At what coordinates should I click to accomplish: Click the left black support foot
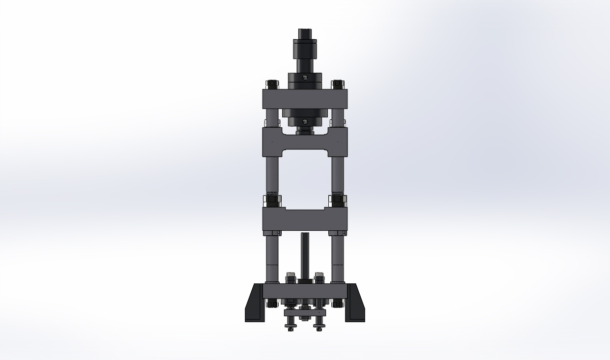click(x=254, y=305)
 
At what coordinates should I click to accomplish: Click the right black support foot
click(x=355, y=305)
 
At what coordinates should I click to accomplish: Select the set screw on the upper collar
click(x=305, y=77)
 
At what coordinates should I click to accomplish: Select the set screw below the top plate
click(x=305, y=121)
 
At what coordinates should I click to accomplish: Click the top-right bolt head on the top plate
click(x=337, y=84)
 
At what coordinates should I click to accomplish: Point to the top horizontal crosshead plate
click(x=305, y=99)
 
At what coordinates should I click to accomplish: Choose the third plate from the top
click(x=305, y=219)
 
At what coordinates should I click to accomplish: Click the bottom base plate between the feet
click(x=305, y=291)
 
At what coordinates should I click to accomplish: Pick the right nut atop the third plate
click(x=337, y=201)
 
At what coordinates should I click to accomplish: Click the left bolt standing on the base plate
click(x=291, y=277)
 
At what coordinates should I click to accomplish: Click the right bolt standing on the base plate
click(x=319, y=277)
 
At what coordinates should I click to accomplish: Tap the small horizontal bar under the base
click(x=305, y=313)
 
